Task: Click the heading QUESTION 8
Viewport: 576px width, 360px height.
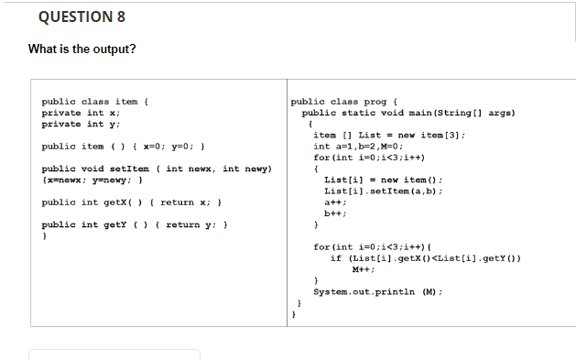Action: click(82, 17)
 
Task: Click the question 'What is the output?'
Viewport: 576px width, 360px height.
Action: click(82, 49)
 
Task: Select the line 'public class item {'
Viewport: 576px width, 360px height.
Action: click(96, 102)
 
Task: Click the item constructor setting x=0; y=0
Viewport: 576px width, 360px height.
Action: click(129, 147)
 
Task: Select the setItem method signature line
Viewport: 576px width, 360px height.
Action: click(157, 169)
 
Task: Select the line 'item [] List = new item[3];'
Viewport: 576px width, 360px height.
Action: click(389, 135)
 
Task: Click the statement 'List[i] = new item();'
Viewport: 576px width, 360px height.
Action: click(385, 180)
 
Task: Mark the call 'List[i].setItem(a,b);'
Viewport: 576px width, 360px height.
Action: click(385, 191)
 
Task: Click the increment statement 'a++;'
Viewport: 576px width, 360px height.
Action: click(333, 202)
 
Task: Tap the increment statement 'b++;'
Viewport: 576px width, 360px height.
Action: click(333, 213)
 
